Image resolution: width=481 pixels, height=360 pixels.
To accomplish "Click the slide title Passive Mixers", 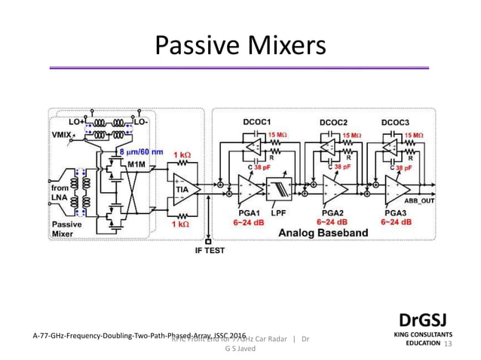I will pyautogui.click(x=240, y=46).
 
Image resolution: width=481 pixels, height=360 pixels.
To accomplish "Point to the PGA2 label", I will pyautogui.click(x=332, y=212).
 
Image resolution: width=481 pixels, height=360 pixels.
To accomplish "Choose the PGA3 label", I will pyautogui.click(x=395, y=212).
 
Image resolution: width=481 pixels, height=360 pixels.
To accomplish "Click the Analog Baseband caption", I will pyautogui.click(x=323, y=233).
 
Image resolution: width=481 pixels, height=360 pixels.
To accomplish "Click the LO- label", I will pyautogui.click(x=140, y=120).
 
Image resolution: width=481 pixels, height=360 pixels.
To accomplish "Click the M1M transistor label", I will pyautogui.click(x=136, y=163).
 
